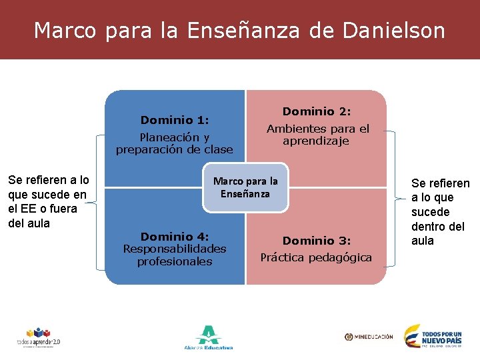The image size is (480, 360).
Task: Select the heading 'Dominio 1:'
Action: [174, 120]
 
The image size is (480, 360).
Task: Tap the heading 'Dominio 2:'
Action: [317, 111]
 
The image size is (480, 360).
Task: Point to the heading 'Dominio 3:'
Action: [317, 240]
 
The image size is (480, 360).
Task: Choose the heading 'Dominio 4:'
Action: [175, 237]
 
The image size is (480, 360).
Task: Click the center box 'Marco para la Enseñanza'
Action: [245, 187]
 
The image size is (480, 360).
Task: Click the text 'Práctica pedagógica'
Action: [316, 257]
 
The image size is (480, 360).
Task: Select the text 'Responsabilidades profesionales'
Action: [175, 255]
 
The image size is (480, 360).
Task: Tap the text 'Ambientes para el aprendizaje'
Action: [317, 135]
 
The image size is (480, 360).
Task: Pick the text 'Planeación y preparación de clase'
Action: [175, 143]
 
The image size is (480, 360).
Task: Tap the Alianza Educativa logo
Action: [208, 337]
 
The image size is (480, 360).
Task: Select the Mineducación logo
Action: [369, 337]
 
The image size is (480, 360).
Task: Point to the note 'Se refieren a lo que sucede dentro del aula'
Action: [440, 211]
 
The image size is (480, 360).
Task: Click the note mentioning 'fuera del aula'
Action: [47, 201]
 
